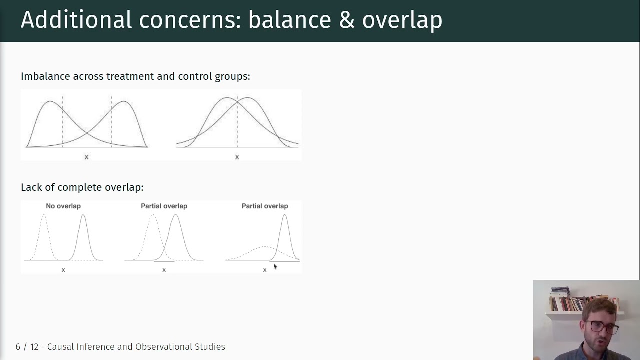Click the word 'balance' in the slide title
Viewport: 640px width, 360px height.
[x=289, y=20]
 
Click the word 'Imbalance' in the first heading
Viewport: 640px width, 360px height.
[x=45, y=76]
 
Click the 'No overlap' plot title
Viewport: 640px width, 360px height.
[x=63, y=206]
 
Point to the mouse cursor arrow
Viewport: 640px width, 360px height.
[x=275, y=266]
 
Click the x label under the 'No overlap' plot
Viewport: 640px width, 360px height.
[x=63, y=270]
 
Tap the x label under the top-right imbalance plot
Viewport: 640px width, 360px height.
[x=237, y=157]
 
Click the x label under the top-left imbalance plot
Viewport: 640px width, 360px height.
[x=86, y=157]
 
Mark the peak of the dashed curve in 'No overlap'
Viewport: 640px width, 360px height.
[x=44, y=215]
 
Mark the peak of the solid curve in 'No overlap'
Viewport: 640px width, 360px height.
[x=83, y=215]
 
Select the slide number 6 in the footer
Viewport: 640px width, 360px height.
[x=18, y=347]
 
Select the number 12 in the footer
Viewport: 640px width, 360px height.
[x=34, y=347]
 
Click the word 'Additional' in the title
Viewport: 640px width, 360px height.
[x=76, y=20]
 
